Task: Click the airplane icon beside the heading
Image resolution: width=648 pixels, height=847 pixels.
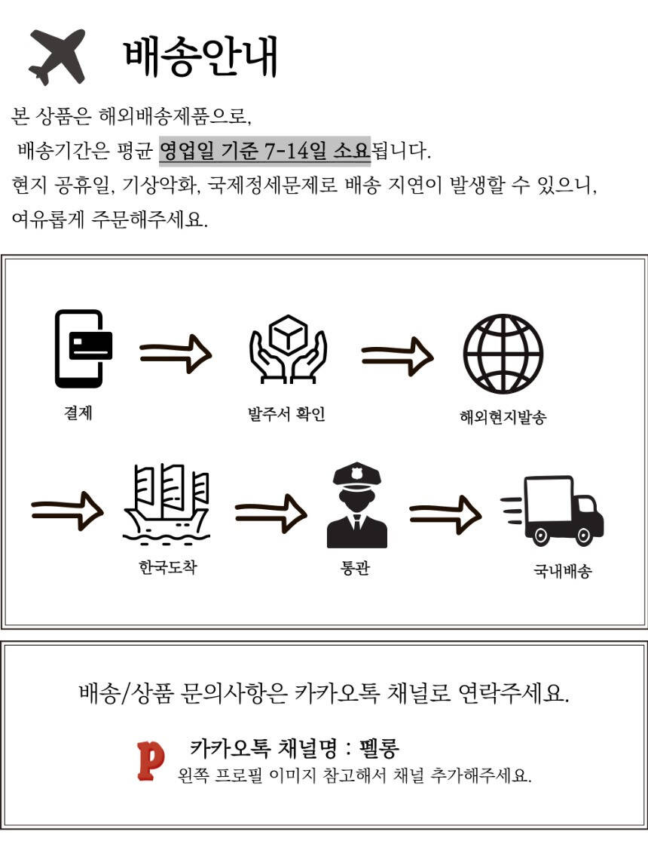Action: pyautogui.click(x=57, y=57)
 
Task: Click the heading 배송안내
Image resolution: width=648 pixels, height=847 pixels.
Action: pyautogui.click(x=200, y=57)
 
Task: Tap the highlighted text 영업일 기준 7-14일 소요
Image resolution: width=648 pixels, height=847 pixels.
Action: pyautogui.click(x=264, y=150)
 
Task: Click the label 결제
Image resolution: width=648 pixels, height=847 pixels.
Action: pyautogui.click(x=78, y=413)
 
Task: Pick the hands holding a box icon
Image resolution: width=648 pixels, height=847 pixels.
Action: pyautogui.click(x=288, y=349)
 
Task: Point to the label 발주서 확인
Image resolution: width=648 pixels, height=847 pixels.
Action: pyautogui.click(x=286, y=414)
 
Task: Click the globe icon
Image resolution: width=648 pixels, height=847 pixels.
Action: pyautogui.click(x=503, y=352)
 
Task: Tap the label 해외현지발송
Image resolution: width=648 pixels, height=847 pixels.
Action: pyautogui.click(x=502, y=417)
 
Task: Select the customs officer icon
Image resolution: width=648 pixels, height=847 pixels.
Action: pyautogui.click(x=356, y=507)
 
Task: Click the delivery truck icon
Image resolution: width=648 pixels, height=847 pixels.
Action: pyautogui.click(x=554, y=510)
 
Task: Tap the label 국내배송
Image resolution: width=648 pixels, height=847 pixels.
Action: pyautogui.click(x=562, y=571)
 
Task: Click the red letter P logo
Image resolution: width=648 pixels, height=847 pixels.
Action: pyautogui.click(x=151, y=760)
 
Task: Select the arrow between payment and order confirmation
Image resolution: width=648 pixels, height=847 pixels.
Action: pyautogui.click(x=176, y=354)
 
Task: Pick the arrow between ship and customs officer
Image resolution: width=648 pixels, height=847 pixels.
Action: pyautogui.click(x=271, y=514)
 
